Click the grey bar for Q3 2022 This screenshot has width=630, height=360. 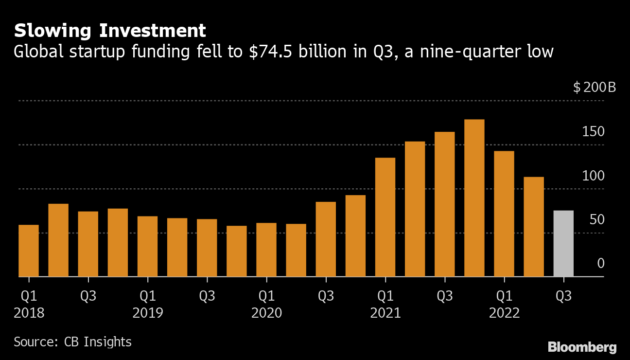(563, 243)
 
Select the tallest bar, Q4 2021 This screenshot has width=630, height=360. (474, 198)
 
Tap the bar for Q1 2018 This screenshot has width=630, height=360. (29, 251)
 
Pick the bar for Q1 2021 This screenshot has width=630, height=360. (385, 217)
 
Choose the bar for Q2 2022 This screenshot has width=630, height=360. (534, 226)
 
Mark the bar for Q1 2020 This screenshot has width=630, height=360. (266, 250)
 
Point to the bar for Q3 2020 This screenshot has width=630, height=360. (326, 239)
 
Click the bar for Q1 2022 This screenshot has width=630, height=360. (504, 214)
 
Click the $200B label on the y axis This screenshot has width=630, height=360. (594, 88)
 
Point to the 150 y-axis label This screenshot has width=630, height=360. (594, 132)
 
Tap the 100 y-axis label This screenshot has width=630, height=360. (594, 176)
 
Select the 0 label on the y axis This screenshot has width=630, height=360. (600, 264)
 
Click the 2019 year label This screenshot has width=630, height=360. (148, 313)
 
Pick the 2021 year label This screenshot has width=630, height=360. (385, 313)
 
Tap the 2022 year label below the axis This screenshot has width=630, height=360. (504, 313)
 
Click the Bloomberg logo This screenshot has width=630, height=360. (582, 347)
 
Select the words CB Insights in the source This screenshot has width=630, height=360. (98, 342)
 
